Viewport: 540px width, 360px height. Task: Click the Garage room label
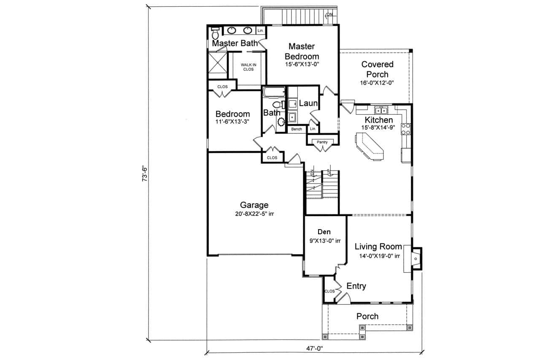[254, 205]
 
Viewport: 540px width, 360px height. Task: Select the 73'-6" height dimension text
[145, 173]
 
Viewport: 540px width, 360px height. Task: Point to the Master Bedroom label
[302, 51]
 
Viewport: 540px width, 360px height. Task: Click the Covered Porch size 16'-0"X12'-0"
[377, 83]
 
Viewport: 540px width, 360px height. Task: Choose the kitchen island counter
[370, 146]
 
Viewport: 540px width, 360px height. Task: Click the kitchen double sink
[382, 111]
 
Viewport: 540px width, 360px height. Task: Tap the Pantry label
[322, 142]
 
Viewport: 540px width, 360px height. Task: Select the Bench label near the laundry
[297, 129]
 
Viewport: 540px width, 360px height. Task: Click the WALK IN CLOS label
[248, 67]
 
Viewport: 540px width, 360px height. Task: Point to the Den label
[324, 232]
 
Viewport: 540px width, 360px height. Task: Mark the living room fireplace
[416, 257]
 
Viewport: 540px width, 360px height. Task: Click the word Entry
[356, 286]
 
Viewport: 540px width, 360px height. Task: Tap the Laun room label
[308, 103]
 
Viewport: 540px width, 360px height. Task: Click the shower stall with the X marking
[217, 65]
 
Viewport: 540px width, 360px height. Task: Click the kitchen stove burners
[406, 129]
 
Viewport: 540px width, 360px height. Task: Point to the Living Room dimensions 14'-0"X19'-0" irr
[377, 256]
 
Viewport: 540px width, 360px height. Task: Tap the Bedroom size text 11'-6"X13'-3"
[232, 122]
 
